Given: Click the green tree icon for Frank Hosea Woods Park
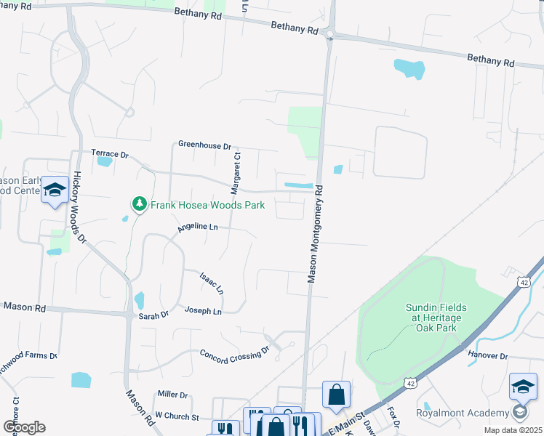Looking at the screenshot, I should point(139,205).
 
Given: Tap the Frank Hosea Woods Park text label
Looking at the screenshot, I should point(207,206).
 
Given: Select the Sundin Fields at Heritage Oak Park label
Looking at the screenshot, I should point(446,313).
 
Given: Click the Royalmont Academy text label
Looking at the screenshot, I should point(462,413).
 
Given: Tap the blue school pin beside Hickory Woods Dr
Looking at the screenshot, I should point(55,190).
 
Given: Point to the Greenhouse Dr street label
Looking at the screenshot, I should point(204,145).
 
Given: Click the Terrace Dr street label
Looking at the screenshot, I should point(109,155).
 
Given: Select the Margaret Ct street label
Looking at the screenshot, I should point(236,173).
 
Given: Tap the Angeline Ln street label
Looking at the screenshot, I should point(197,228).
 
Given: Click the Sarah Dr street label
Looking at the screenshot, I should point(153,315).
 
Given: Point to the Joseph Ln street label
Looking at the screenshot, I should point(203,311).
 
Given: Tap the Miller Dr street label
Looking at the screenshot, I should point(172,395).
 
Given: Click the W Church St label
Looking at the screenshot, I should point(177,417).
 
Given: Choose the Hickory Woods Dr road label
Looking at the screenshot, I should point(79,207).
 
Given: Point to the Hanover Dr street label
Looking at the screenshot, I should point(488,355).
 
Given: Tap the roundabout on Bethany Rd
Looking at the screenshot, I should point(330,34).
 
